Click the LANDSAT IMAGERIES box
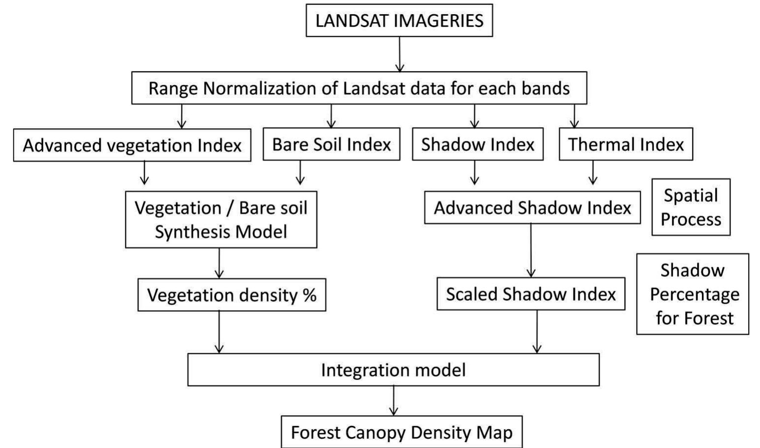399,21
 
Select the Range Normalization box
359,88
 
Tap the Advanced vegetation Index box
132,145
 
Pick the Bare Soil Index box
331,144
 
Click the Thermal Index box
625,144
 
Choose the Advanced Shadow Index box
532,208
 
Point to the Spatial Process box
691,207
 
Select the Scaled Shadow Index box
531,294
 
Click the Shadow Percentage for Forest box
693,294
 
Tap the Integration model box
393,370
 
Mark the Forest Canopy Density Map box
402,432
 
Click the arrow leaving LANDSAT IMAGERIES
400,54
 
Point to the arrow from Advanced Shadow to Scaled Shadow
531,251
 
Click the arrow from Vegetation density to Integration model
219,332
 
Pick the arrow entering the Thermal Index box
574,116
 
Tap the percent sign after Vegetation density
309,295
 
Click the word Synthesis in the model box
191,232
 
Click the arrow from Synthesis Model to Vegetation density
219,263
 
